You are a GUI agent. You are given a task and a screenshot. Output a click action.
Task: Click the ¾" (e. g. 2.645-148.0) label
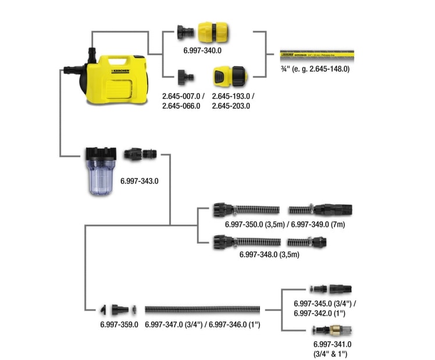[x=315, y=69]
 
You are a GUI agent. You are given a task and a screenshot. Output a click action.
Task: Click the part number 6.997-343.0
[x=140, y=181]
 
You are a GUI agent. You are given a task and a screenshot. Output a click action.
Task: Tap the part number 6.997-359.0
[x=119, y=324]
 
